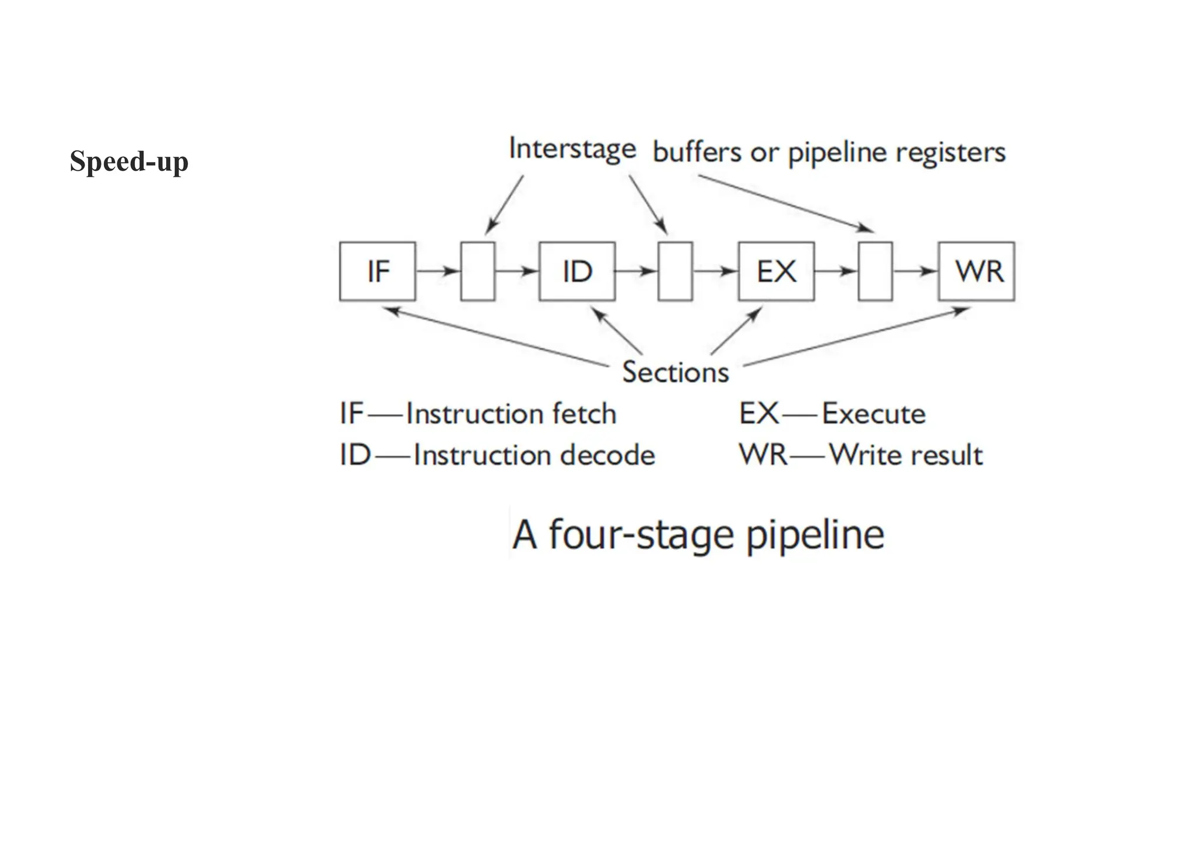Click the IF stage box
[x=377, y=271]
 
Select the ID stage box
[x=577, y=271]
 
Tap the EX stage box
[x=776, y=271]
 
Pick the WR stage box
[x=977, y=271]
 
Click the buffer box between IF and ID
[x=478, y=271]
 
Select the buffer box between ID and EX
[x=675, y=271]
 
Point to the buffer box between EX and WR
[x=875, y=271]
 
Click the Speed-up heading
[x=129, y=161]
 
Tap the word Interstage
[x=572, y=149]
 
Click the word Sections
[x=675, y=372]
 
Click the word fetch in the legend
[x=584, y=414]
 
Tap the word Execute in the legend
[x=873, y=414]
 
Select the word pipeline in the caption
[x=815, y=535]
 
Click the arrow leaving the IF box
[x=438, y=271]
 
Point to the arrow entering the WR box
[x=916, y=271]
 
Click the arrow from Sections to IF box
[x=499, y=337]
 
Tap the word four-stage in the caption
[x=641, y=535]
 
